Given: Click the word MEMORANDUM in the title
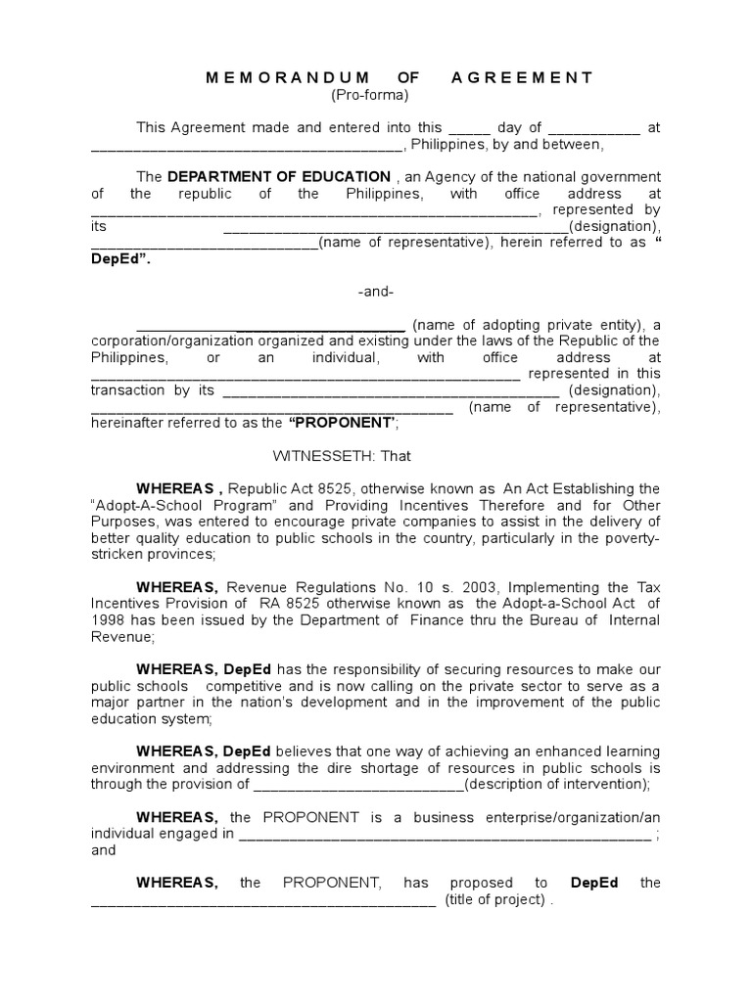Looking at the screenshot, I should (x=288, y=77).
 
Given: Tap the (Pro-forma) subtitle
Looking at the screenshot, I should (x=368, y=95).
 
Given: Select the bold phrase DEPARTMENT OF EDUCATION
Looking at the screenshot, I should (x=279, y=176).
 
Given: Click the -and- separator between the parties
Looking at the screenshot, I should (x=376, y=292).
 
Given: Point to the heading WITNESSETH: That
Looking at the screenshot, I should (x=341, y=456).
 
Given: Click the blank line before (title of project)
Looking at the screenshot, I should (x=262, y=900).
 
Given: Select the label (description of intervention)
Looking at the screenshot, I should (x=556, y=784).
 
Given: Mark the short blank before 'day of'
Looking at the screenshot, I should (x=468, y=127).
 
